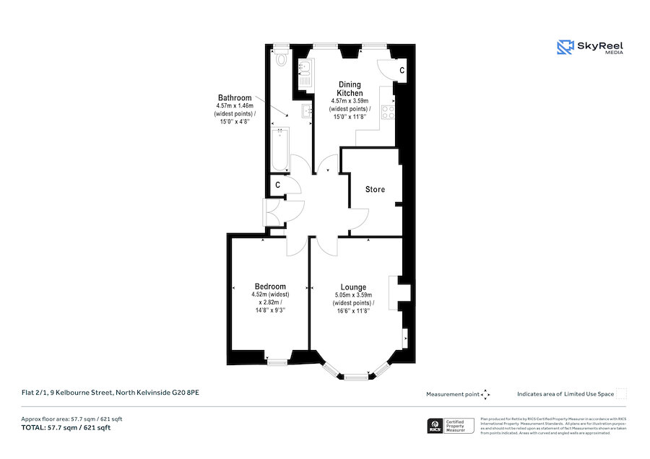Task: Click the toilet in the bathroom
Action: pyautogui.click(x=281, y=60)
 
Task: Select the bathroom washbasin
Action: pyautogui.click(x=305, y=110)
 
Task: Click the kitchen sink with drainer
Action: pyautogui.click(x=305, y=73)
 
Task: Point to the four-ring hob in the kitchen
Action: pyautogui.click(x=387, y=111)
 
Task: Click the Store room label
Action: pyautogui.click(x=375, y=190)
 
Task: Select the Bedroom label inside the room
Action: pyautogui.click(x=270, y=287)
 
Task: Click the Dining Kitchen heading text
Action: pyautogui.click(x=350, y=89)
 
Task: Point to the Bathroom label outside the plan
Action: pyautogui.click(x=235, y=98)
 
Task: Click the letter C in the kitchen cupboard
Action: pyautogui.click(x=402, y=70)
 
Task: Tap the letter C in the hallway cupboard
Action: pyautogui.click(x=277, y=185)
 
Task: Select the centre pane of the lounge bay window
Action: pyautogui.click(x=355, y=377)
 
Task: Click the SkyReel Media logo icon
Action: pyautogui.click(x=565, y=48)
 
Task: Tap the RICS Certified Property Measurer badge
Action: pyautogui.click(x=452, y=427)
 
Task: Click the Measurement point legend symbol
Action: pyautogui.click(x=485, y=394)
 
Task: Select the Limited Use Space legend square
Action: pyautogui.click(x=621, y=393)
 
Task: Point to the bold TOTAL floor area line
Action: pyautogui.click(x=66, y=428)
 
